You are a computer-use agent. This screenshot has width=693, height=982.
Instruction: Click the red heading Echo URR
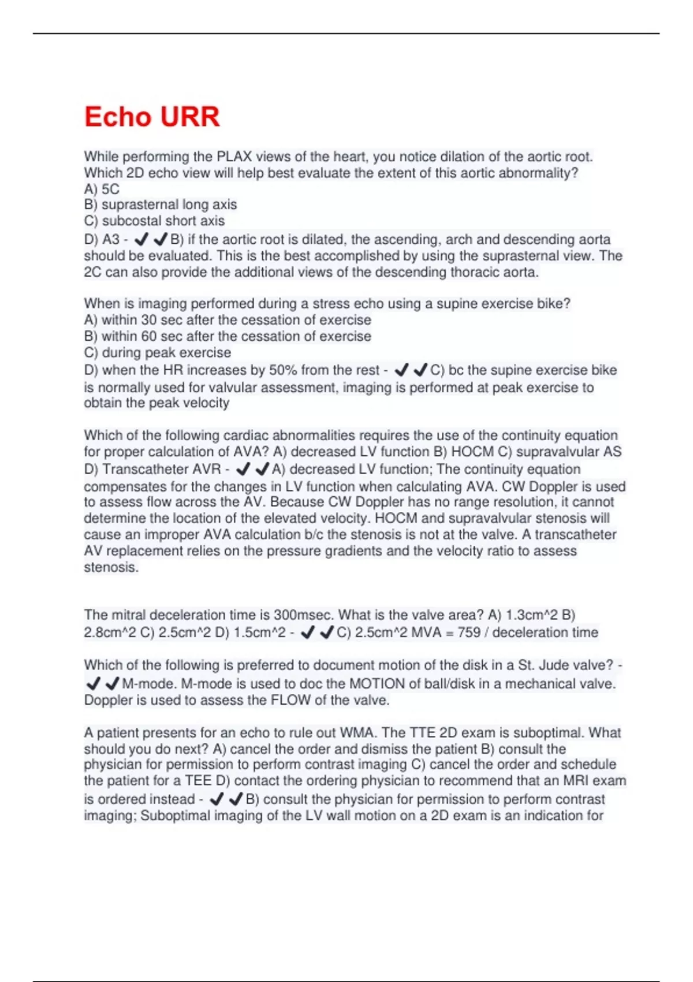pos(152,117)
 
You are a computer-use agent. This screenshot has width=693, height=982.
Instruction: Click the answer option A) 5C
pos(102,189)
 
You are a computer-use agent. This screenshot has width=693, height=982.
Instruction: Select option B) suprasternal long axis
pos(161,204)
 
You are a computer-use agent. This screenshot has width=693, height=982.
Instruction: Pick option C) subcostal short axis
pos(154,221)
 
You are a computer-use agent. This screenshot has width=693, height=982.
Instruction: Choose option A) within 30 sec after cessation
pos(228,319)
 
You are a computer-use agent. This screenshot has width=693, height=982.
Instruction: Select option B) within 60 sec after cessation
pos(228,336)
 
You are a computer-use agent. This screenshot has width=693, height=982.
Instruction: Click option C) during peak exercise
pos(157,352)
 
